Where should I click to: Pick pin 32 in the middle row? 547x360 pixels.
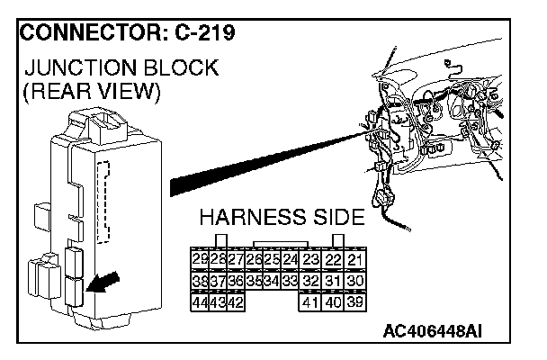tap(311, 282)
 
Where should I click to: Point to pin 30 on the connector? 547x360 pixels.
tap(355, 282)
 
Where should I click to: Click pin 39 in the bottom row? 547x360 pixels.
tap(355, 302)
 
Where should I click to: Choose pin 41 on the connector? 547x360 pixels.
tap(311, 302)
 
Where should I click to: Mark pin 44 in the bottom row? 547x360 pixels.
tap(200, 302)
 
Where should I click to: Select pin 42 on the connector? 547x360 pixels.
tap(236, 302)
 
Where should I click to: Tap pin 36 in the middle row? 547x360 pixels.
tap(236, 282)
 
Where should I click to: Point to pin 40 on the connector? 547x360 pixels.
tap(334, 302)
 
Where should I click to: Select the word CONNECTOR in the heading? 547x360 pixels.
tap(82, 33)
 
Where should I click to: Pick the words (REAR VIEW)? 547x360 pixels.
tap(94, 92)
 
